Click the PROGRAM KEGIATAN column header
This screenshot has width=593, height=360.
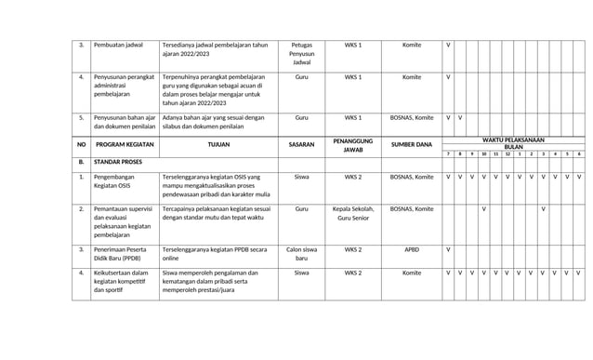(124, 145)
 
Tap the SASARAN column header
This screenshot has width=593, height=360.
(301, 145)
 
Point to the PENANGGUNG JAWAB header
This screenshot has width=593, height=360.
(353, 145)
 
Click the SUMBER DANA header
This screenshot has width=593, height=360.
(412, 145)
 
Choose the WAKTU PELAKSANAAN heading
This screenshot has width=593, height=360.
(513, 140)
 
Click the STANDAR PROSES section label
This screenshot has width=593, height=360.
(117, 162)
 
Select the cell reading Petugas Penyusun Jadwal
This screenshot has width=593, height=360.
(301, 54)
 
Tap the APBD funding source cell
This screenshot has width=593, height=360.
(412, 249)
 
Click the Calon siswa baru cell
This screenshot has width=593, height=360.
(301, 254)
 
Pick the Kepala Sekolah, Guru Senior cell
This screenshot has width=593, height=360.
(353, 214)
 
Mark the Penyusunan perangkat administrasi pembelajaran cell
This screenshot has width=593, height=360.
(124, 86)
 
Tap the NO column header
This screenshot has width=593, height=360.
(81, 145)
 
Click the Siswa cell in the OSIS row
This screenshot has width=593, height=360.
(301, 176)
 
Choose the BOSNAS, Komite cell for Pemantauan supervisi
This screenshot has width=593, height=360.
(412, 209)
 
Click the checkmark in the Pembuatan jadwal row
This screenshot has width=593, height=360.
(448, 45)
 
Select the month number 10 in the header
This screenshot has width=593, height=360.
(483, 153)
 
